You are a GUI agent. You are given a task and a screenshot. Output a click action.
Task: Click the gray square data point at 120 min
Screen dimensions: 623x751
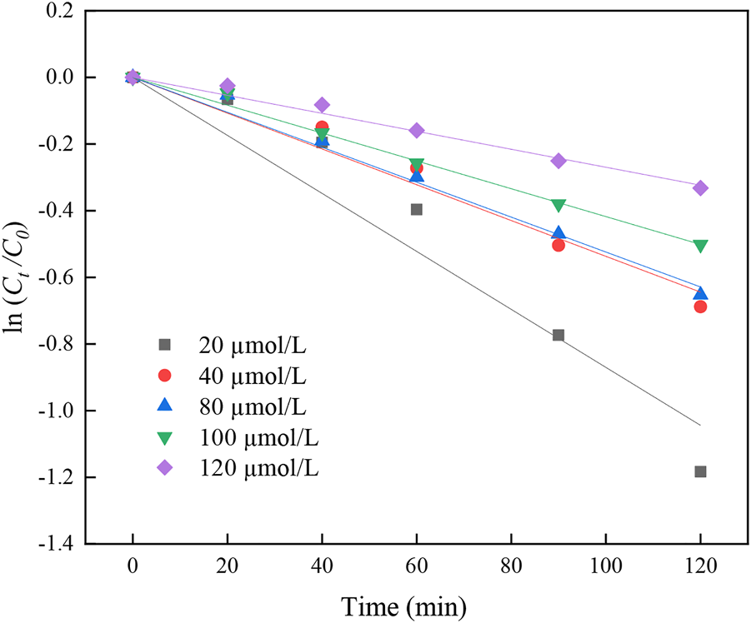[700, 471]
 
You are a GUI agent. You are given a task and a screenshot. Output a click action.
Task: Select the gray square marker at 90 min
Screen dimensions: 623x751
[558, 335]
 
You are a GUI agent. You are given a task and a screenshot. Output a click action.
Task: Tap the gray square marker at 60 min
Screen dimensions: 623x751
[417, 209]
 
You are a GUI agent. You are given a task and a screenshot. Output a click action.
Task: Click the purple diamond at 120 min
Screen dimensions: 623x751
[700, 188]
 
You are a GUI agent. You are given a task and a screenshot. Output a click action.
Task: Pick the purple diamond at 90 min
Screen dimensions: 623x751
[558, 161]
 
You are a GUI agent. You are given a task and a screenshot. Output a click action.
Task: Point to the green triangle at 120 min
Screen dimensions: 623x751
[700, 246]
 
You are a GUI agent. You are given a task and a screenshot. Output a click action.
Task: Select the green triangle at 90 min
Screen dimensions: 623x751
[558, 205]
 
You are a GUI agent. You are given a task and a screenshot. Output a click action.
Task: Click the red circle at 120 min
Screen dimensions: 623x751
[700, 307]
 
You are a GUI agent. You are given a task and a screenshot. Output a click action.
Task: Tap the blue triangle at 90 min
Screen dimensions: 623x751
[558, 233]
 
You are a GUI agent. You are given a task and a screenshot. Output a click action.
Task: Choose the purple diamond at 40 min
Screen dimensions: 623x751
[322, 105]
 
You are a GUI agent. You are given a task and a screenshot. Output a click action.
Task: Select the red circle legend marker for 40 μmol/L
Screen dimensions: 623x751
[164, 375]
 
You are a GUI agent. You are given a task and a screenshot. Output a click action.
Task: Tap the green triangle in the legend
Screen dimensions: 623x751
[164, 437]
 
